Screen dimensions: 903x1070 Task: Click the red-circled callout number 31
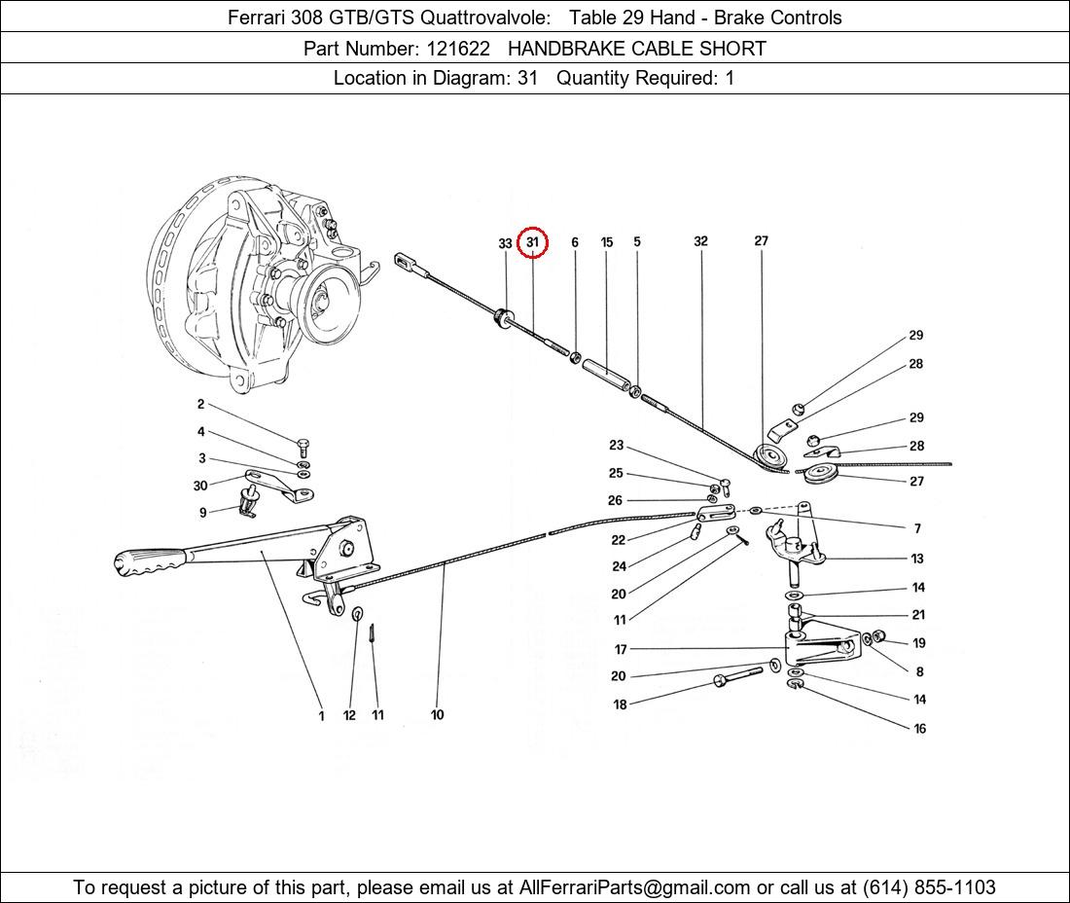(x=532, y=242)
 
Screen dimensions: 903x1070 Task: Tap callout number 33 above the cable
(x=505, y=243)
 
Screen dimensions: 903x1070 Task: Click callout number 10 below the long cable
(x=437, y=715)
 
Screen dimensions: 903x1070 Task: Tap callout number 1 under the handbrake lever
(x=321, y=716)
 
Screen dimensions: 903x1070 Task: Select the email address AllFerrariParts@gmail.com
(x=635, y=887)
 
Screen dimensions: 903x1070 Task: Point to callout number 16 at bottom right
(x=919, y=729)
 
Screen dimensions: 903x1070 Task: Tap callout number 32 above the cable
(x=700, y=241)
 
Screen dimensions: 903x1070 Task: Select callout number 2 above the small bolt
(x=200, y=405)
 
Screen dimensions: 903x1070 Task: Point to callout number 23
(x=616, y=446)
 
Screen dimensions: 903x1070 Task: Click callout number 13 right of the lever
(x=917, y=559)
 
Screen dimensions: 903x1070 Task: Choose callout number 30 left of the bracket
(x=200, y=486)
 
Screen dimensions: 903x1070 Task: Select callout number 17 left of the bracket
(x=621, y=649)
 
